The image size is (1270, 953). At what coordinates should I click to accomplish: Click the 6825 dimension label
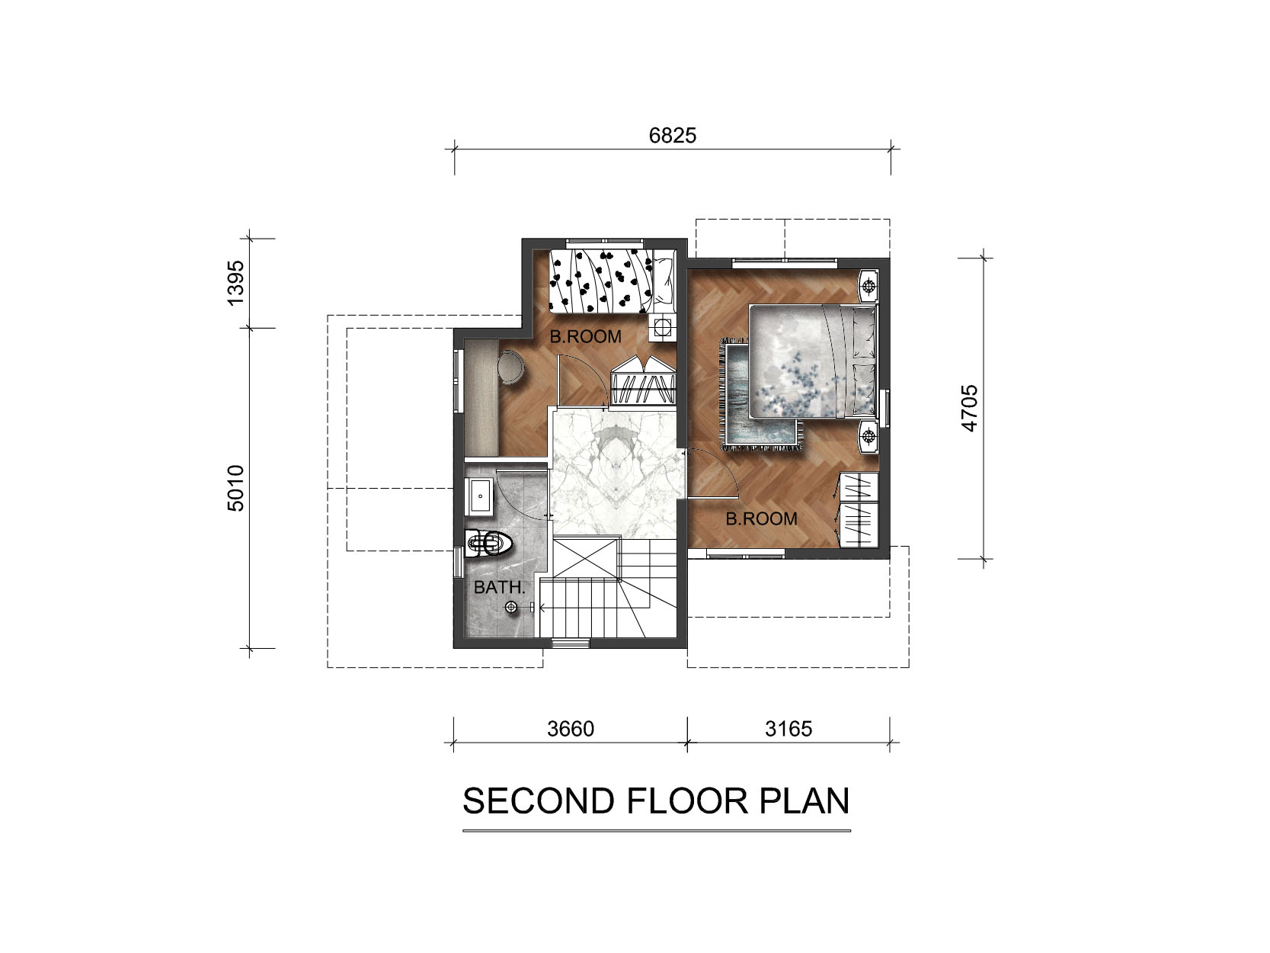[x=672, y=136]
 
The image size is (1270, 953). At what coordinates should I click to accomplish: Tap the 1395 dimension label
[x=236, y=283]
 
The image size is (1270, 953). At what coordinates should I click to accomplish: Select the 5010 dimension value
[x=236, y=488]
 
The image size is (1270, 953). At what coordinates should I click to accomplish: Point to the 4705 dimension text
[x=968, y=408]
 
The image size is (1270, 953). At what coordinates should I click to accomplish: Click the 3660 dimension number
[x=571, y=728]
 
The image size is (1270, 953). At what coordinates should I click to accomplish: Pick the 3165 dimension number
[x=788, y=728]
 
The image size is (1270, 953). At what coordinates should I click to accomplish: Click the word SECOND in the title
[x=539, y=801]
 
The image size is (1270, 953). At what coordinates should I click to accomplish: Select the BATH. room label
[x=499, y=587]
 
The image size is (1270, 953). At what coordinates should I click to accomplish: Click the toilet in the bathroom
[x=489, y=543]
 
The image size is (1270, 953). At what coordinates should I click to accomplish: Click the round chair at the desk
[x=511, y=367]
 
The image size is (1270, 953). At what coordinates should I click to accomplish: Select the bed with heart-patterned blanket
[x=613, y=281]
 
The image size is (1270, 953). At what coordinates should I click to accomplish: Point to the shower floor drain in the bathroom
[x=510, y=607]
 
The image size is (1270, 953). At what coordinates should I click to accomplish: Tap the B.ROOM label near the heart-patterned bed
[x=585, y=336]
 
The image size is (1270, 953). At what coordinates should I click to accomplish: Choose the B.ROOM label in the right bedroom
[x=761, y=518]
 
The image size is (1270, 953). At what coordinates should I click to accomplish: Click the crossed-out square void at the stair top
[x=586, y=557]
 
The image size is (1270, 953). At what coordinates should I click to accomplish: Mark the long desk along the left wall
[x=481, y=398]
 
